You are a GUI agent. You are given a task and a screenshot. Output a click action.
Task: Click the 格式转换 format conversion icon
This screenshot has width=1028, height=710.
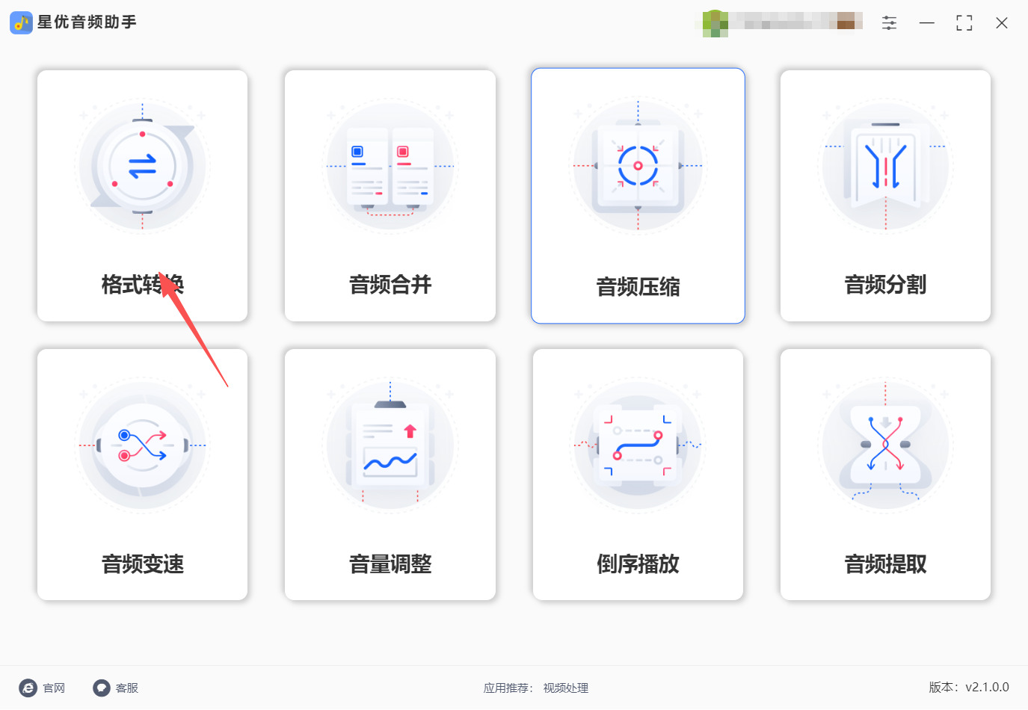(142, 167)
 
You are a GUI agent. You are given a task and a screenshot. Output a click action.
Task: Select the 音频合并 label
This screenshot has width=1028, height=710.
(390, 285)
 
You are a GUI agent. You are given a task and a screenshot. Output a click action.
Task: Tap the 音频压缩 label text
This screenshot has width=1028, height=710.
(638, 287)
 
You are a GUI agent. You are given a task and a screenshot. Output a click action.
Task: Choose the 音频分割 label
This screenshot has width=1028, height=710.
(885, 285)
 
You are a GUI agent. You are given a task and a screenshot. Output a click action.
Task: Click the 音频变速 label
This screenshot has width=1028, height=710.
(143, 564)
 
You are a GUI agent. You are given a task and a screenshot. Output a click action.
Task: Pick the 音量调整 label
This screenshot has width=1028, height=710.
(390, 564)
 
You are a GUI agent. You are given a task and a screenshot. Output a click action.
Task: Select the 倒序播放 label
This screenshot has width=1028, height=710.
(638, 564)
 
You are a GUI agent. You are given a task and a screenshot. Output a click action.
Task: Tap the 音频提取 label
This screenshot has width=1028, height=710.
(885, 564)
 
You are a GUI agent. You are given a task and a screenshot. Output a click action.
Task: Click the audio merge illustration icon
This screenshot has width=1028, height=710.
(390, 167)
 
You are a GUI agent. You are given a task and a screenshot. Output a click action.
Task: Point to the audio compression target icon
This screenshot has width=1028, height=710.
(638, 166)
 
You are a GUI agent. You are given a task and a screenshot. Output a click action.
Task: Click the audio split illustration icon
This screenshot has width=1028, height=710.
(885, 167)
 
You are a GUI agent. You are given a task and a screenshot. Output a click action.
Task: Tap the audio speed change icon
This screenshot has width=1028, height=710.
(142, 445)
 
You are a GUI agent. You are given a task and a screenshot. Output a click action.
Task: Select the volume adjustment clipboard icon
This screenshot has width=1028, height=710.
(390, 445)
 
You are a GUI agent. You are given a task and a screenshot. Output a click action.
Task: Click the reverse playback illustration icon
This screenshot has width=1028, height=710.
(638, 445)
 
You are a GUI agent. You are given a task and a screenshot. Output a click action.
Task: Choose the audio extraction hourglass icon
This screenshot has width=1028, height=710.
(885, 445)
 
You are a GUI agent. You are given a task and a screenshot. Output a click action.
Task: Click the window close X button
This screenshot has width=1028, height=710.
(1002, 23)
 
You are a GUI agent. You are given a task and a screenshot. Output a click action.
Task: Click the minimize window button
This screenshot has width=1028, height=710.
(927, 23)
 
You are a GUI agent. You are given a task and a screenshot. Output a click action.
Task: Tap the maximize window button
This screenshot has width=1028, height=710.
(964, 23)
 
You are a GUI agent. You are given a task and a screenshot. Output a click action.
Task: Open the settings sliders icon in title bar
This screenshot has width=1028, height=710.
(889, 23)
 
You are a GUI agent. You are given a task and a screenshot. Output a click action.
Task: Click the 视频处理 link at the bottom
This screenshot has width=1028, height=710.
(566, 688)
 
